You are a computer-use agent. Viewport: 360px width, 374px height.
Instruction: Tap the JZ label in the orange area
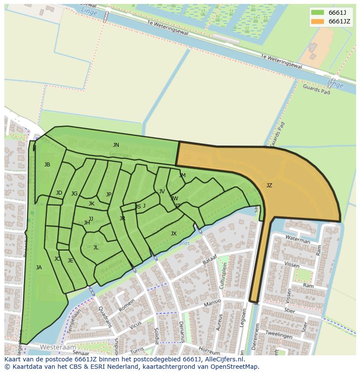click(269, 185)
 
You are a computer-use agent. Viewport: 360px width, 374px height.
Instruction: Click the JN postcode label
click(116, 145)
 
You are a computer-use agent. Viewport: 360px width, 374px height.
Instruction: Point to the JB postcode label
click(47, 165)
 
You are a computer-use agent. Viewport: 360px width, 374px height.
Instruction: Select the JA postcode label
click(39, 268)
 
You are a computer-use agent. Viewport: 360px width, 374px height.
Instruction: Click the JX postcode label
click(173, 234)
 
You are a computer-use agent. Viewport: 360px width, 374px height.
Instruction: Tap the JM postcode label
click(182, 175)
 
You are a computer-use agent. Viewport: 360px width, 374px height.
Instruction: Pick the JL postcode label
click(96, 248)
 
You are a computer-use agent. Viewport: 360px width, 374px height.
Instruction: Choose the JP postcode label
click(109, 195)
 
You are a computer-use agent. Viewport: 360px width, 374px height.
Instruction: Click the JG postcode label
click(74, 194)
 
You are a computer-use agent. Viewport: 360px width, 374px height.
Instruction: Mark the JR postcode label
click(122, 218)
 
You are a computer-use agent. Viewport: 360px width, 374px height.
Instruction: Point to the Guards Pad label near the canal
click(316, 89)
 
